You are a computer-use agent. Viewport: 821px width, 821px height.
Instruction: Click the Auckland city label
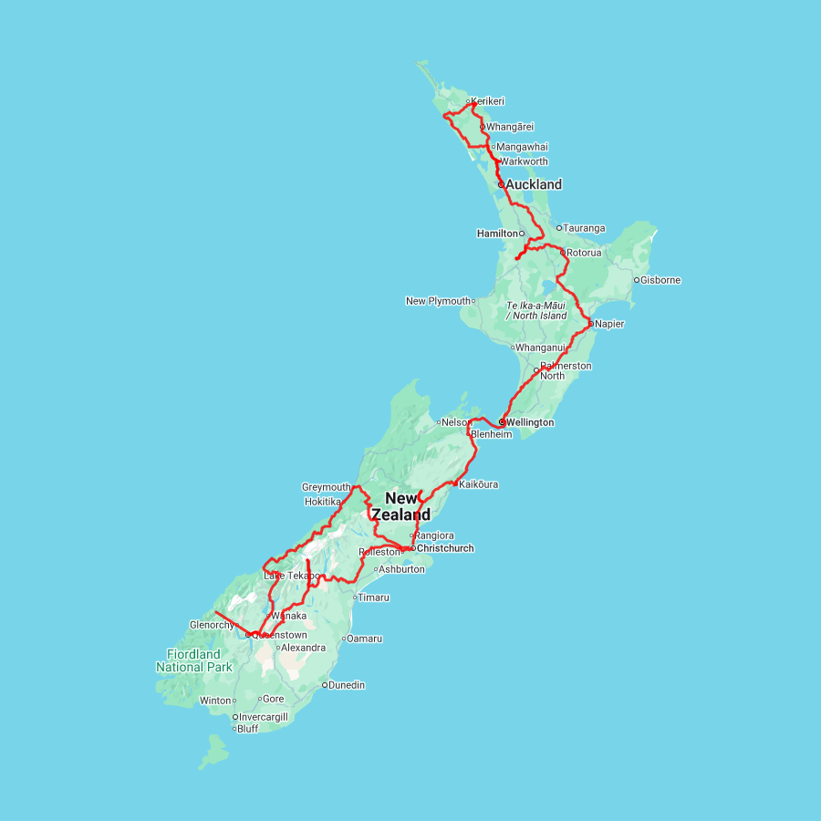534,184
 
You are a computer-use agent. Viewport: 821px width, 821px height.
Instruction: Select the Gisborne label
660,280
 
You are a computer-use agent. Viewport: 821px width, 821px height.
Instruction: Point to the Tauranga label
584,228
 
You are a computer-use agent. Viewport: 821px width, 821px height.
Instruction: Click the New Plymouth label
438,301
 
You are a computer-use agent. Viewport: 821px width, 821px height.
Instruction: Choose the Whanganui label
541,348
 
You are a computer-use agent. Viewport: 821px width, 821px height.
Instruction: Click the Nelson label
453,422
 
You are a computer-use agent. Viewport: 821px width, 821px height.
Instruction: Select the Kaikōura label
479,484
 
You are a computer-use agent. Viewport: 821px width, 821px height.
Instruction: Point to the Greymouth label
326,487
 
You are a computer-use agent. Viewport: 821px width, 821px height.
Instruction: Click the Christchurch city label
445,548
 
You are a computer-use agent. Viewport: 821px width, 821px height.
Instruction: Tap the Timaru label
373,598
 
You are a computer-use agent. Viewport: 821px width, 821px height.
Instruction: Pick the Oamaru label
364,639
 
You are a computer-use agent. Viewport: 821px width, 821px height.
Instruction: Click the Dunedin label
347,685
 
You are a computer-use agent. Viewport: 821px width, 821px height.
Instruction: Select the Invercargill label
263,717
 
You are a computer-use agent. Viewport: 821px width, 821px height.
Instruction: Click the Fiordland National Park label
194,660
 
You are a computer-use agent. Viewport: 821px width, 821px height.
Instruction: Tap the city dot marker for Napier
590,324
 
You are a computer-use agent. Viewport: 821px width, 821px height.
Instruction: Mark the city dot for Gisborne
637,280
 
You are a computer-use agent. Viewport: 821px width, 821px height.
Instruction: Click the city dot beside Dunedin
325,685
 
